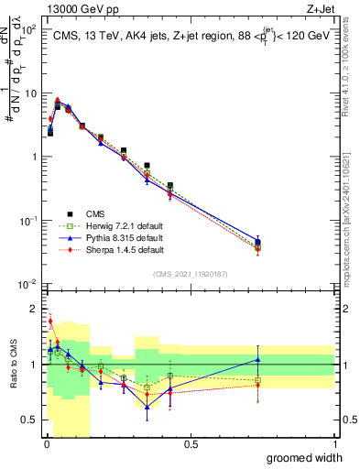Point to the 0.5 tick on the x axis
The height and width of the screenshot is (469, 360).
191,444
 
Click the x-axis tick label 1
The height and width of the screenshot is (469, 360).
333,444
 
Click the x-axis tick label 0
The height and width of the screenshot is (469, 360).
47,444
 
